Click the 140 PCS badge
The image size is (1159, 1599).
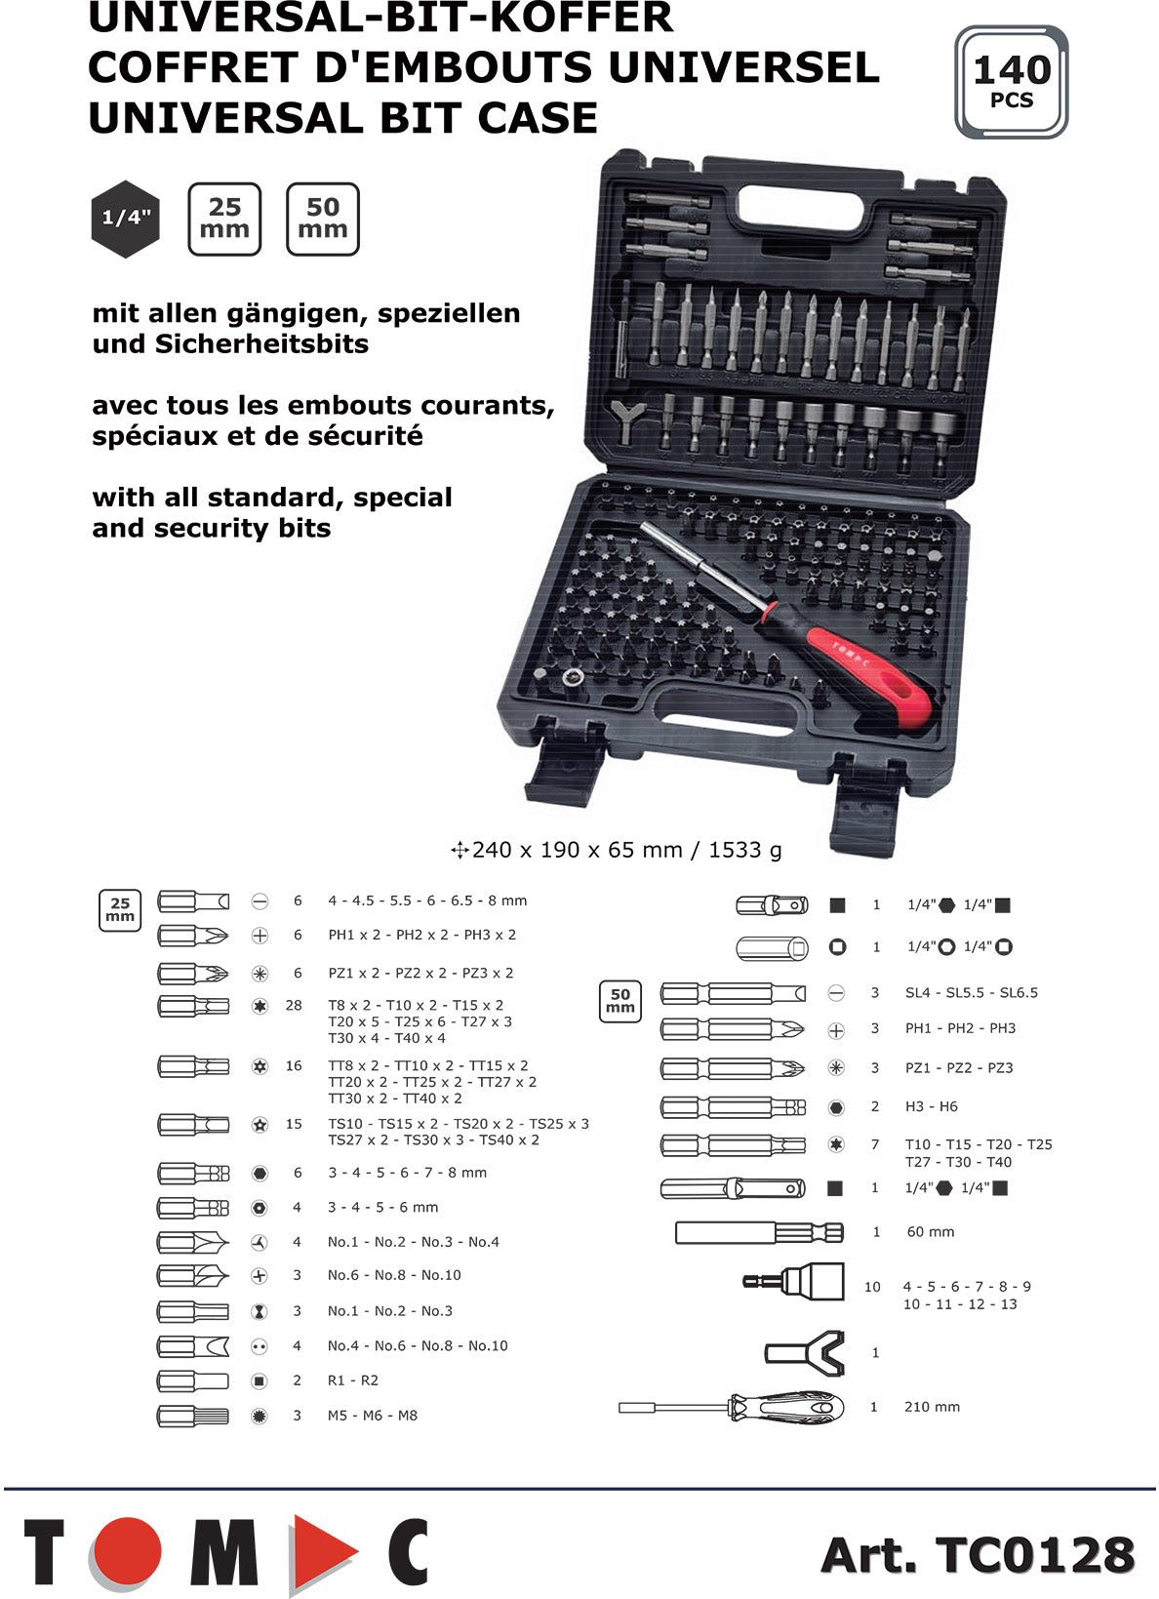pos(1011,82)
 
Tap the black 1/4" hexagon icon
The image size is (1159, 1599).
pos(125,219)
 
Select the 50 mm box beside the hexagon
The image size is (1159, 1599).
pos(323,220)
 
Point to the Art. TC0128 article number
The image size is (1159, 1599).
pos(978,1554)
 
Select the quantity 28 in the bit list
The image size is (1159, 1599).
pos(294,1005)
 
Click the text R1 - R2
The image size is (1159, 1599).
pos(353,1380)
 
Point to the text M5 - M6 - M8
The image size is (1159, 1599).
pos(373,1416)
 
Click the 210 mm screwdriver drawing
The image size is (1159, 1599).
pos(732,1407)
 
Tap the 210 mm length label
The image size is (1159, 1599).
pos(932,1407)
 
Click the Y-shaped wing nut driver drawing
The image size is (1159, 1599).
pos(805,1353)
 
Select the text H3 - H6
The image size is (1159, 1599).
pos(932,1106)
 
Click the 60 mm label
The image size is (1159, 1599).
pos(931,1232)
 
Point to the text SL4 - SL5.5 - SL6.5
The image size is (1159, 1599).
pos(972,992)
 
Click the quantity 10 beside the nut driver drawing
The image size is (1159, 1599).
pos(872,1287)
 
